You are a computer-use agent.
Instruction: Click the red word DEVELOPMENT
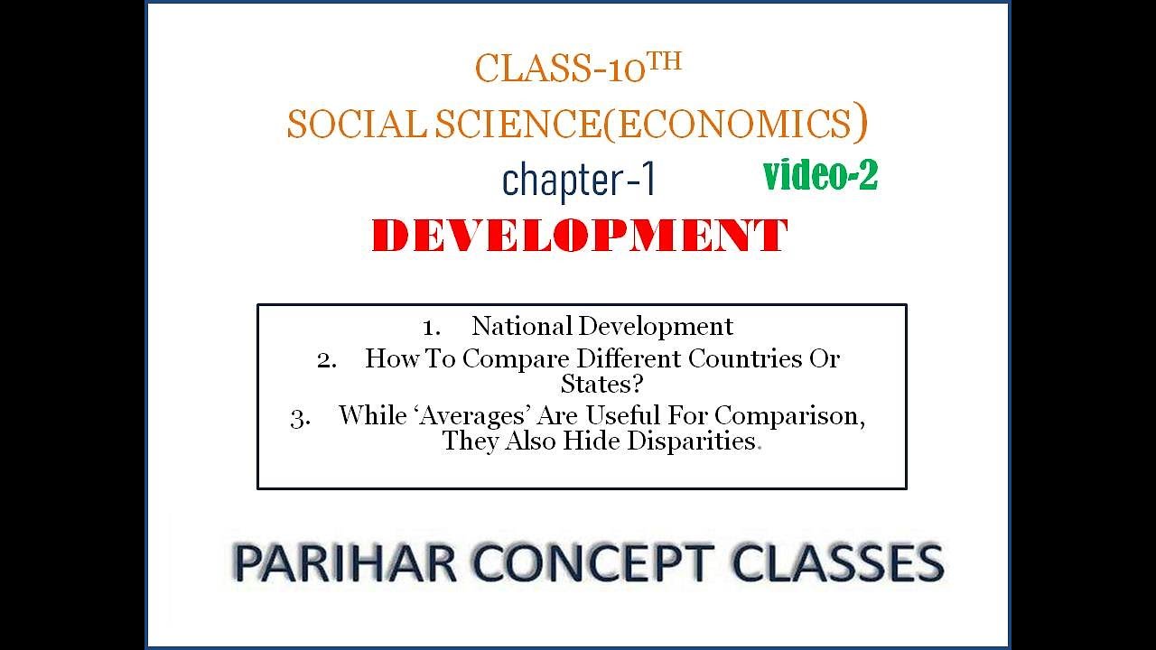(579, 237)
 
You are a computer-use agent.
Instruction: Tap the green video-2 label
(820, 175)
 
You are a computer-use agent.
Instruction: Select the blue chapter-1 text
(578, 181)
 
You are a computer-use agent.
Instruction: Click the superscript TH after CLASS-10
(665, 61)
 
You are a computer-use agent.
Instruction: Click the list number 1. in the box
(431, 327)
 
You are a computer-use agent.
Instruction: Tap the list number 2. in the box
(327, 359)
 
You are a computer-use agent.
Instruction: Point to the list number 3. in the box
(301, 417)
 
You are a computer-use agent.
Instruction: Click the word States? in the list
(601, 384)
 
